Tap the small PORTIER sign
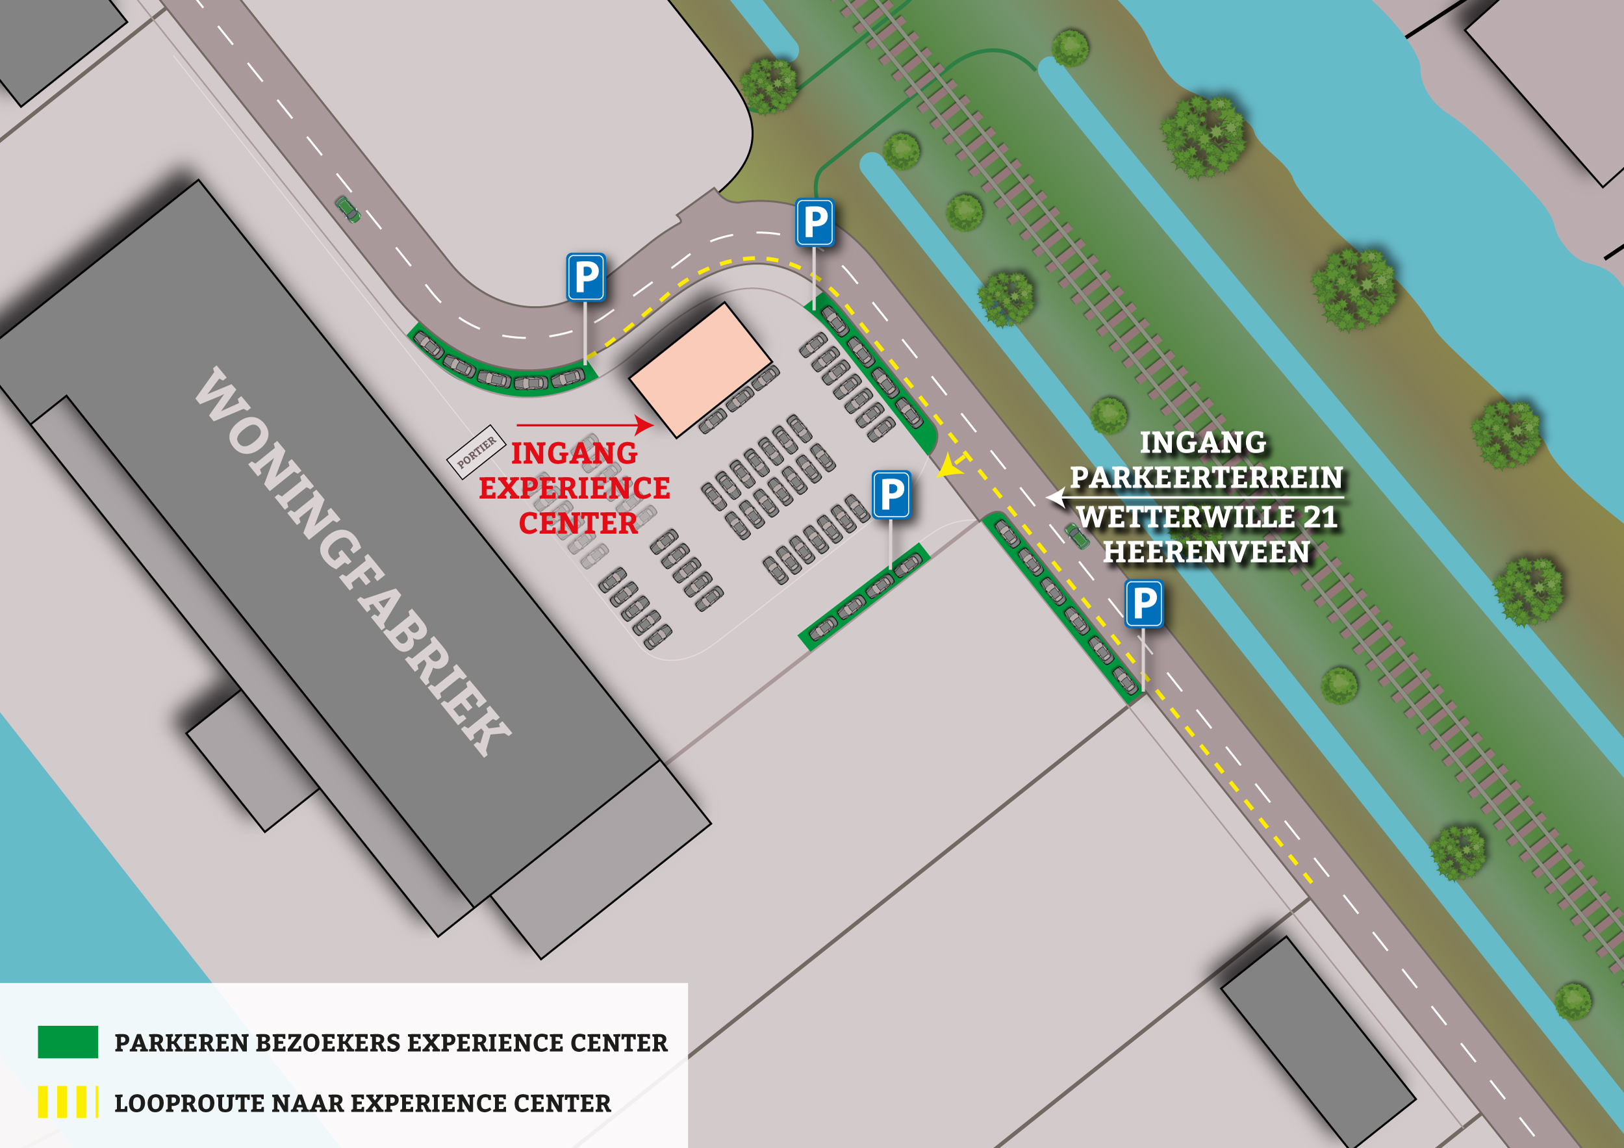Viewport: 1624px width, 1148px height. pyautogui.click(x=476, y=452)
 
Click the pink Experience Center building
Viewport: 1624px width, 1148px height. pyautogui.click(x=700, y=369)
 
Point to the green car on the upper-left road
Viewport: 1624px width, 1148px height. pyautogui.click(x=348, y=209)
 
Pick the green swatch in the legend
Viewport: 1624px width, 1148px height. pyautogui.click(x=68, y=1042)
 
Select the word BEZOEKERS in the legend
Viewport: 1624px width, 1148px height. pyautogui.click(x=328, y=1043)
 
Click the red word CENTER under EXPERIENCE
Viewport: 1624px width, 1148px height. pyautogui.click(x=578, y=524)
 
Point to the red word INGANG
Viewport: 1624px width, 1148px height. pyautogui.click(x=574, y=453)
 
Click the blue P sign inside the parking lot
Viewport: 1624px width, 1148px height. pyautogui.click(x=891, y=494)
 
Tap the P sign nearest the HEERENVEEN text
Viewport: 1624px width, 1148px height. pyautogui.click(x=1144, y=604)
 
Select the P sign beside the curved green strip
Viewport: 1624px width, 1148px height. pyautogui.click(x=586, y=277)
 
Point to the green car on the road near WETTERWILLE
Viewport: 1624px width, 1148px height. pyautogui.click(x=1077, y=535)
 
